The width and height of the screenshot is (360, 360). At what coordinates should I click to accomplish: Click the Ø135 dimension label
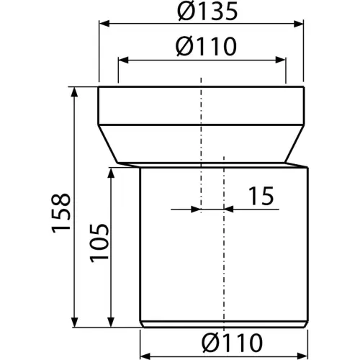coord(207,11)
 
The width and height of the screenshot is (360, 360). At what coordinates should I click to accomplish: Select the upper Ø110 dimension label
coord(206,47)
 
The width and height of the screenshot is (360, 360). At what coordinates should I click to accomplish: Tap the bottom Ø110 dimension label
coord(232,343)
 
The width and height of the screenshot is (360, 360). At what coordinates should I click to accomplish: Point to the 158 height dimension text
coord(61,213)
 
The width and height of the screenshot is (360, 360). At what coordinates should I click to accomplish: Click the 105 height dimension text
coord(99,243)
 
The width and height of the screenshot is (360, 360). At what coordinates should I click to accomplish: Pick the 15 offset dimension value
coord(261,196)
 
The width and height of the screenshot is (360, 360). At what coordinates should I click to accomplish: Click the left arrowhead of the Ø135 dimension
coord(104,24)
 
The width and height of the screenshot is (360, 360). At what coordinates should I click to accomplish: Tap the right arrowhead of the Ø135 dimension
coord(299,24)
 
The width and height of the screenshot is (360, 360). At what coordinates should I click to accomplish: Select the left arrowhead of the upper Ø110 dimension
coord(123,60)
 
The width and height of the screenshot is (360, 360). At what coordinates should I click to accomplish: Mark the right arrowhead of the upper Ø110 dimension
coord(281,60)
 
